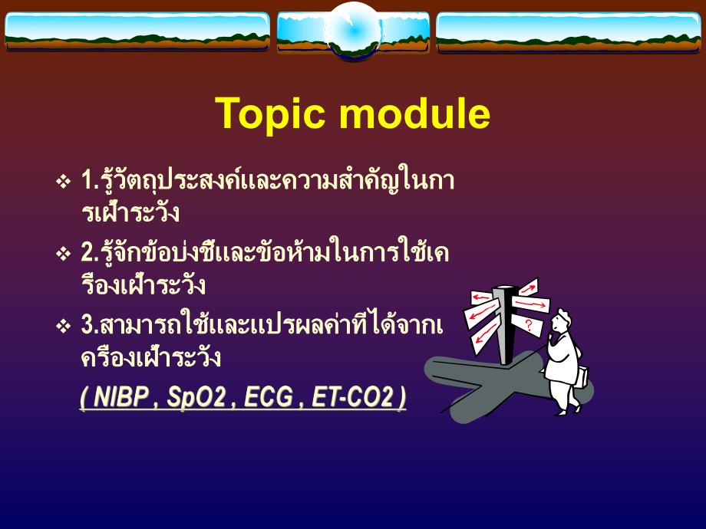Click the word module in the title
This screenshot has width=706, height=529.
pyautogui.click(x=411, y=114)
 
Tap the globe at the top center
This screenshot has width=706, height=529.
pyautogui.click(x=352, y=29)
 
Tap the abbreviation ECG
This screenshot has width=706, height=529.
pyautogui.click(x=269, y=399)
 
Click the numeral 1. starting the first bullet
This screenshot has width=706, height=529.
pyautogui.click(x=87, y=182)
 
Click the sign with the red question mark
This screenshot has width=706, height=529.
pyautogui.click(x=529, y=325)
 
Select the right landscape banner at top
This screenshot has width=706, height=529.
pyautogui.click(x=569, y=31)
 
